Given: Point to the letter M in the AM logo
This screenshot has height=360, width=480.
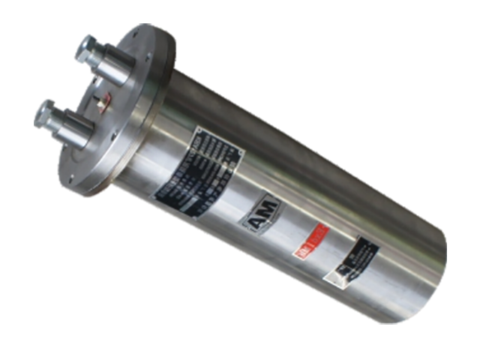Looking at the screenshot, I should (271, 211).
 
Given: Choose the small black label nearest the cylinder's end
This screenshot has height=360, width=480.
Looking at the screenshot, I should (353, 261).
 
